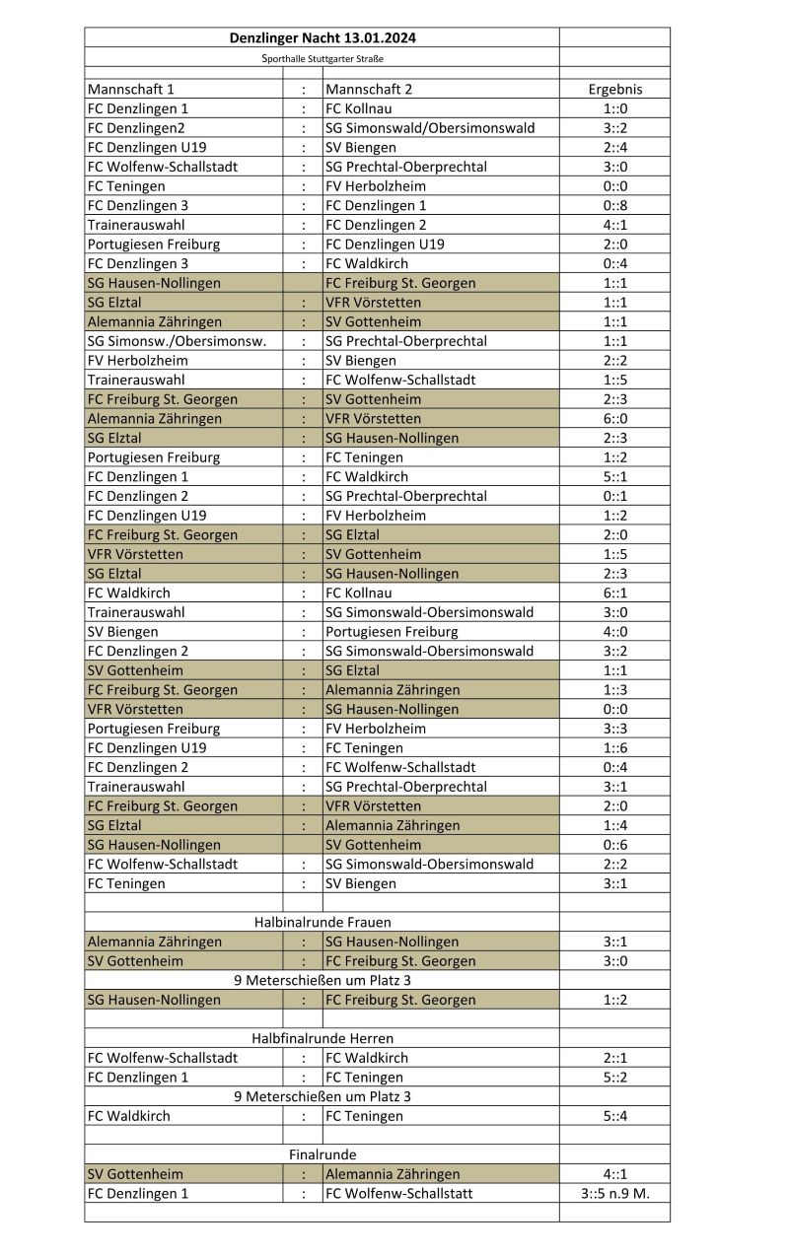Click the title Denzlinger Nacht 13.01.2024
(x=322, y=38)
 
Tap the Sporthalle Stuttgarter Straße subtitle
(x=322, y=59)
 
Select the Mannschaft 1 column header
(x=131, y=89)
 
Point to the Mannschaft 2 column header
(x=369, y=89)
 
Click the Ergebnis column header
(x=614, y=89)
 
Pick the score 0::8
(x=614, y=205)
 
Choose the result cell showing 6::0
(x=614, y=418)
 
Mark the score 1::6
(x=614, y=747)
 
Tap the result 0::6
(x=614, y=844)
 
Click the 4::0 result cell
(x=614, y=631)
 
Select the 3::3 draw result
(x=614, y=729)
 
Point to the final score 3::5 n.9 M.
(x=614, y=1193)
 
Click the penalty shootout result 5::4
(x=614, y=1116)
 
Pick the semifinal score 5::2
(x=614, y=1077)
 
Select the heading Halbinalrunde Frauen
(x=322, y=922)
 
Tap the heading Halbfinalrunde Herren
(x=322, y=1038)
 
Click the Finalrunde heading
(x=322, y=1154)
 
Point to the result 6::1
(x=614, y=593)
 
